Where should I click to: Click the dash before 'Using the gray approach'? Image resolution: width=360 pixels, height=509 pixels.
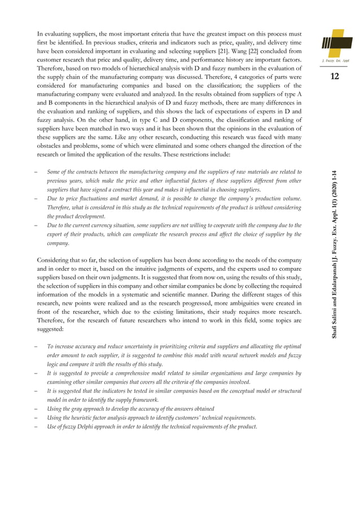coord(36,409)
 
